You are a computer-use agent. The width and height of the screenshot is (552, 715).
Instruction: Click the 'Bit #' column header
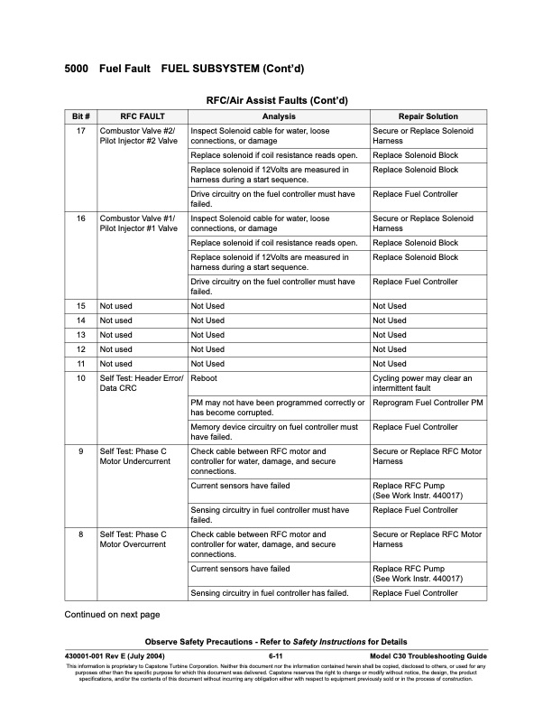(x=80, y=116)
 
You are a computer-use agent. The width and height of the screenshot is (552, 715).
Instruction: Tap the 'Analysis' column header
(x=279, y=116)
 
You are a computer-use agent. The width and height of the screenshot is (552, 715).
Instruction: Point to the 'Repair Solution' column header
(x=428, y=116)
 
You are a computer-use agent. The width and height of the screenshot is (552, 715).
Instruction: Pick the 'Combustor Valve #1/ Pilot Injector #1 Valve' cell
(x=138, y=224)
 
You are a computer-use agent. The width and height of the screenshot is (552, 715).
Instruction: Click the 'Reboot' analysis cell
(x=204, y=378)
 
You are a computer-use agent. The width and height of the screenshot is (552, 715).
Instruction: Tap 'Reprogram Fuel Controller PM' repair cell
(x=428, y=403)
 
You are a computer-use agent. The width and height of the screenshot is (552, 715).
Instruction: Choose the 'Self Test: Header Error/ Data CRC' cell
(x=141, y=384)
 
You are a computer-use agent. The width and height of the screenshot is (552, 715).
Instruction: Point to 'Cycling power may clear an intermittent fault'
(x=421, y=384)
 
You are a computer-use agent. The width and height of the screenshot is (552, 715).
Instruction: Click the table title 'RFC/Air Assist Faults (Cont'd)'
(x=277, y=99)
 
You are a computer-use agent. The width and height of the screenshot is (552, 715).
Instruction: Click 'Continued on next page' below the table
(x=111, y=615)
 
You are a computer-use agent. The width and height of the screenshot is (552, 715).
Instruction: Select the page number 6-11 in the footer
(x=277, y=655)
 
